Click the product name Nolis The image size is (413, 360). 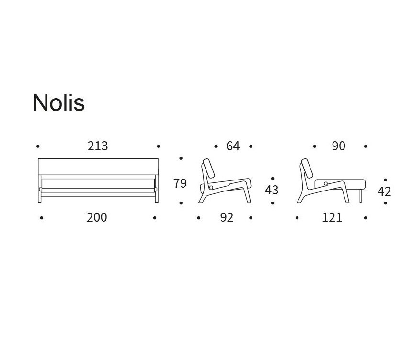[x=59, y=102]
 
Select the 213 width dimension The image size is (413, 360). [x=98, y=146]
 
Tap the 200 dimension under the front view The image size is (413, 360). [x=97, y=218]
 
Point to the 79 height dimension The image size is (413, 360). [x=180, y=183]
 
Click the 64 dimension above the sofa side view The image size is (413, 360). [x=233, y=146]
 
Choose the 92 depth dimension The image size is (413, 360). [x=227, y=218]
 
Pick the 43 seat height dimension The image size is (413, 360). [x=272, y=190]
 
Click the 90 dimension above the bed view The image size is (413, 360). [x=338, y=146]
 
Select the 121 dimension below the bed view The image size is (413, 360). [x=332, y=218]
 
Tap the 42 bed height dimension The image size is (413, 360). [x=384, y=191]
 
